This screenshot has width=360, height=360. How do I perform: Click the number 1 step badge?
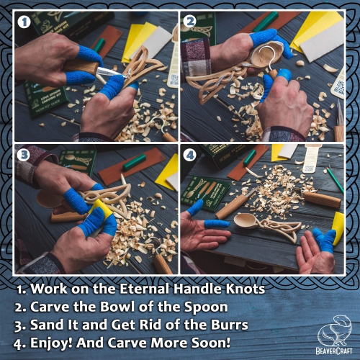pos(24,22)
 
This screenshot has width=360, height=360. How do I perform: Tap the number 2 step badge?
pos(191,22)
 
